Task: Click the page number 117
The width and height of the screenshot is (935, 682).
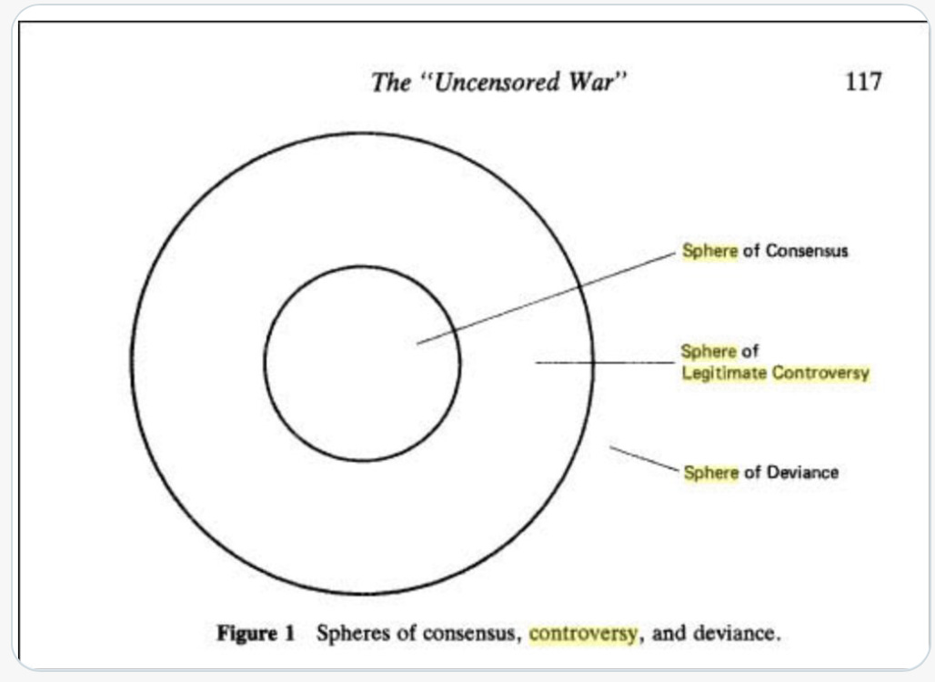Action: pos(862,81)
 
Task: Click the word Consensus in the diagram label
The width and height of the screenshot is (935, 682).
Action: pos(807,250)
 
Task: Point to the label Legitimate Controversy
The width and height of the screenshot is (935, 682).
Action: pos(775,373)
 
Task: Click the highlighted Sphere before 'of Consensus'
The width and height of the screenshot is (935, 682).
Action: pos(709,250)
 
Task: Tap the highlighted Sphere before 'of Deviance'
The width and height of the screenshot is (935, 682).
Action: pos(710,472)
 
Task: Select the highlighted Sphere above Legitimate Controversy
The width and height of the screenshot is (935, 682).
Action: pos(709,351)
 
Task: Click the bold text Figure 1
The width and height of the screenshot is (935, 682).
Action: pos(256,633)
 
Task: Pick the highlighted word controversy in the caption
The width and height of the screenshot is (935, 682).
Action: pos(583,633)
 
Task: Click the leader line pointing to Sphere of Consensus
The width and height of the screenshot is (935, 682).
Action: pos(546,298)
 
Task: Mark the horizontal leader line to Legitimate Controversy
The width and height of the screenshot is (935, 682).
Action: pos(605,362)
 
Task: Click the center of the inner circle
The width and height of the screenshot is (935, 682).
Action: pos(362,363)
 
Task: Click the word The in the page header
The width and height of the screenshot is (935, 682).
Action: pos(391,82)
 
